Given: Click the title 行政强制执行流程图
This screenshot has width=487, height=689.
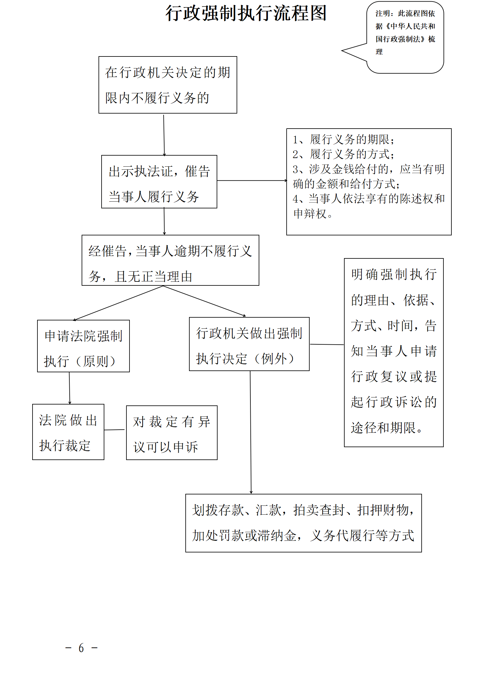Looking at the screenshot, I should pos(246,14).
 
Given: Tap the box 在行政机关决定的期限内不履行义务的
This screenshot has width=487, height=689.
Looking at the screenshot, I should pos(168,85).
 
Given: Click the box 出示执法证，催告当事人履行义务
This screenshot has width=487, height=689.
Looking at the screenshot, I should pos(159,182).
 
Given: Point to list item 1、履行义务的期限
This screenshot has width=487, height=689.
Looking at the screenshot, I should pos(343,140).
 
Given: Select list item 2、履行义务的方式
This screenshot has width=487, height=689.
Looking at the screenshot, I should pos(343,154).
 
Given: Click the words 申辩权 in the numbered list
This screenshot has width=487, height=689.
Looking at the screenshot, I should pos(310,214).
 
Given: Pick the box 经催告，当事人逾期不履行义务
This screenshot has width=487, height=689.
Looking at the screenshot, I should pos(170,261).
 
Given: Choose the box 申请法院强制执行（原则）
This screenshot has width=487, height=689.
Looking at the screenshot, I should pos(83,346).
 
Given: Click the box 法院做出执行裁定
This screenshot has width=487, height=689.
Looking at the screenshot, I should pos(68,432).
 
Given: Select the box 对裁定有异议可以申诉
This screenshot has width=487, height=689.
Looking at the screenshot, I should pos(172,433).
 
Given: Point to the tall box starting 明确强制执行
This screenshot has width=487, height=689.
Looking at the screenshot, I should pos(394,353).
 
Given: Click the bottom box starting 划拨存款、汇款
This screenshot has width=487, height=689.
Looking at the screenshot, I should pos(303,523).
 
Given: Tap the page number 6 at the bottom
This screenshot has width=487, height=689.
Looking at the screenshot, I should pos(81,648).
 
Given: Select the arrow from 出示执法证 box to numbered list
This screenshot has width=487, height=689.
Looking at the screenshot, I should pos(252,180).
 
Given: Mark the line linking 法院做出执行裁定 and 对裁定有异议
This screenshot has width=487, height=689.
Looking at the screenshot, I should pos(115,430).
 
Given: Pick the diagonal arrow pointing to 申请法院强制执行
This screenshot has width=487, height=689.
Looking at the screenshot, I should pos(118,303).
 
